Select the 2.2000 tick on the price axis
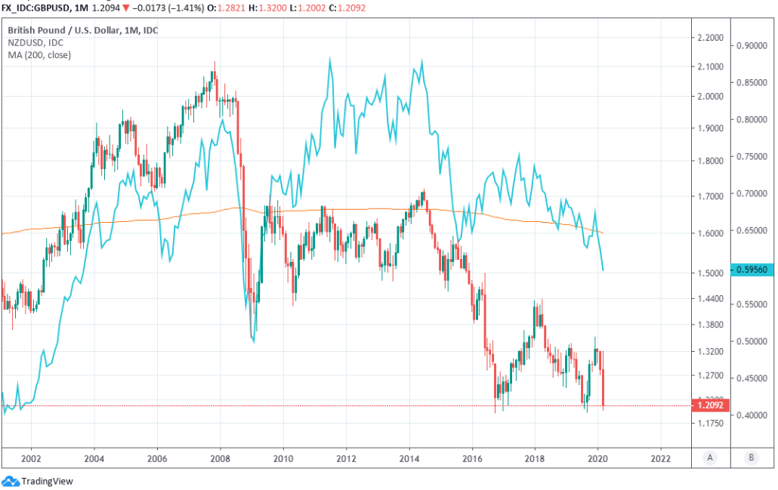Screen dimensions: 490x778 click(x=710, y=37)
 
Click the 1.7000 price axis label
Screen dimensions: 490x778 click(x=710, y=196)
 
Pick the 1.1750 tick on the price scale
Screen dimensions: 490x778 click(x=710, y=424)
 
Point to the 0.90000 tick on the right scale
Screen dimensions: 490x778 click(x=752, y=45)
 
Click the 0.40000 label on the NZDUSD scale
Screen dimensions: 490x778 click(x=752, y=414)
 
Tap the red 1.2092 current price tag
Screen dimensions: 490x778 click(x=710, y=405)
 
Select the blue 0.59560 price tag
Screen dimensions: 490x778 click(x=752, y=270)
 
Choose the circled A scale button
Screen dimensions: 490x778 click(x=710, y=457)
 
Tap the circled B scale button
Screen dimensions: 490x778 click(x=752, y=457)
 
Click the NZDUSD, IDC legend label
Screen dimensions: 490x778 click(x=36, y=43)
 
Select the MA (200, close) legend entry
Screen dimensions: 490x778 click(x=39, y=55)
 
